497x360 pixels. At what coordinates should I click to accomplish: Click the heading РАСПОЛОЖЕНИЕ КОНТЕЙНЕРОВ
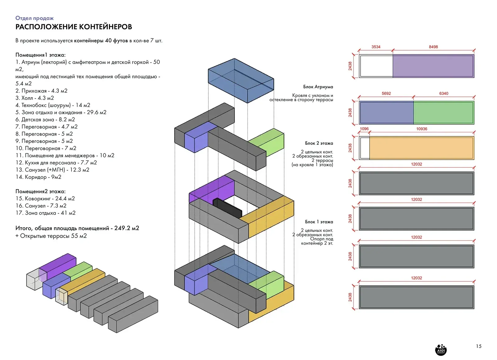click(74, 27)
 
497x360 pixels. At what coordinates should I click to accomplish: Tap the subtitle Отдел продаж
click(34, 18)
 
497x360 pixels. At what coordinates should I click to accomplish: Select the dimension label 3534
click(376, 47)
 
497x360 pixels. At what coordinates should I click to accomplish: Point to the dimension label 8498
click(433, 47)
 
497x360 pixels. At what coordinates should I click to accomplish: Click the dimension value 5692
click(386, 93)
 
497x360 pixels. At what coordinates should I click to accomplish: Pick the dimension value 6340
click(444, 93)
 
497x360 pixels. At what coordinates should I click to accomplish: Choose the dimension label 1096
click(364, 129)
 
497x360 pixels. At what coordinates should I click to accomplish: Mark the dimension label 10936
click(422, 129)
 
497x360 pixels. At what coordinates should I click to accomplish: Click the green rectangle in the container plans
click(443, 112)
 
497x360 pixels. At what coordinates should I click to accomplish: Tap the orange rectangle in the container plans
click(421, 148)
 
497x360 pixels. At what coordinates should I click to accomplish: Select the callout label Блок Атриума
click(318, 87)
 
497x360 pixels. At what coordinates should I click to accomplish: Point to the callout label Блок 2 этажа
click(319, 143)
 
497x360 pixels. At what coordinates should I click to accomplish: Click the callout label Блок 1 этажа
click(319, 222)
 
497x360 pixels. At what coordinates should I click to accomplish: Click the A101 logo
click(441, 350)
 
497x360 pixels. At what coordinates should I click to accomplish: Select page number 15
click(478, 346)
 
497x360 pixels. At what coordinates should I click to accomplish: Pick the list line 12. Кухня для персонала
click(56, 163)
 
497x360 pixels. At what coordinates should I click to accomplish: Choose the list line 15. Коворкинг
click(45, 198)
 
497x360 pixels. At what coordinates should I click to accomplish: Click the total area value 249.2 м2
click(126, 228)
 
